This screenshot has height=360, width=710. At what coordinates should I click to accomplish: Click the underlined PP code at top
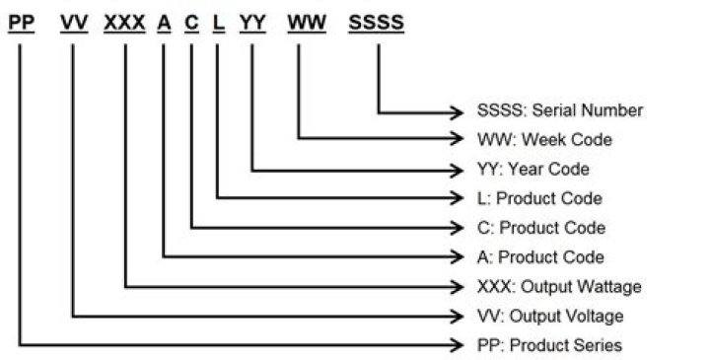click(22, 23)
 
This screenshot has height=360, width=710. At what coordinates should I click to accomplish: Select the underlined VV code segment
click(74, 23)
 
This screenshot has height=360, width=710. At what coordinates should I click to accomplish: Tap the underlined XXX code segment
click(124, 23)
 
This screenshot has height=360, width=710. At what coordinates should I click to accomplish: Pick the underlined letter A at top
click(165, 23)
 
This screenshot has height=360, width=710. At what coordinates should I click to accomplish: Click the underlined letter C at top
click(191, 23)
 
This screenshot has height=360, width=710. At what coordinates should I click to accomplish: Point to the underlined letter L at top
click(219, 23)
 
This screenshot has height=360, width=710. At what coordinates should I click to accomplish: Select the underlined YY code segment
click(252, 23)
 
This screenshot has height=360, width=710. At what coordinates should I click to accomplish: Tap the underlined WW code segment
click(307, 23)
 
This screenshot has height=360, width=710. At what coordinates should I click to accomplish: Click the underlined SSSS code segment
click(377, 23)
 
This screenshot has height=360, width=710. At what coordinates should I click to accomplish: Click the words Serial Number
click(588, 110)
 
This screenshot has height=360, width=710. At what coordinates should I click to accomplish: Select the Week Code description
click(544, 139)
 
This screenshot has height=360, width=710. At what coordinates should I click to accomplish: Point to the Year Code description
click(533, 170)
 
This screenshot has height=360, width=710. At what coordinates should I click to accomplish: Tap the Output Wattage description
click(559, 287)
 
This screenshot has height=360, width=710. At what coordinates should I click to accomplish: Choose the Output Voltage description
click(550, 316)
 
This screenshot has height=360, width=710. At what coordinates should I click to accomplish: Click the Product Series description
click(549, 345)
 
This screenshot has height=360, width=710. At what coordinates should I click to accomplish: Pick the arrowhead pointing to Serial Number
click(457, 112)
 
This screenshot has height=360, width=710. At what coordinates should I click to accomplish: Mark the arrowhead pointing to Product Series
click(457, 345)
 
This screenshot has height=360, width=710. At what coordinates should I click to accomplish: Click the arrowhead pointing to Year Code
click(457, 171)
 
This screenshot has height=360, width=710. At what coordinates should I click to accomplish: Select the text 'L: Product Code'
click(539, 198)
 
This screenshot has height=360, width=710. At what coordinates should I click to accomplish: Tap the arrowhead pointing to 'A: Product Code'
click(457, 256)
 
